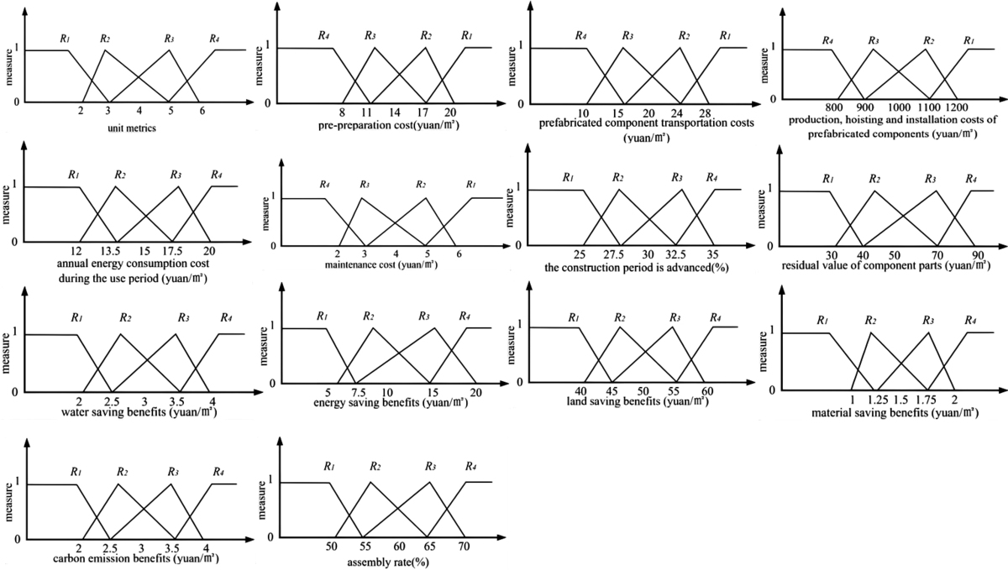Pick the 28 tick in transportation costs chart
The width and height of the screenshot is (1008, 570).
[x=705, y=112]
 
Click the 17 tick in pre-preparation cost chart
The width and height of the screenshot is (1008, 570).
[x=423, y=112]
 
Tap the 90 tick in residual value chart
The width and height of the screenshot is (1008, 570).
[x=972, y=255]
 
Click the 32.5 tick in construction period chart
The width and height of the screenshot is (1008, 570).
[x=677, y=254]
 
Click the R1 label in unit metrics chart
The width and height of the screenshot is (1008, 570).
[x=65, y=38]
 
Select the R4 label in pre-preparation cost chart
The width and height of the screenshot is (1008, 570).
[x=323, y=35]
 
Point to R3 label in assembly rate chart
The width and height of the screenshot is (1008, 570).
[x=431, y=466]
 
